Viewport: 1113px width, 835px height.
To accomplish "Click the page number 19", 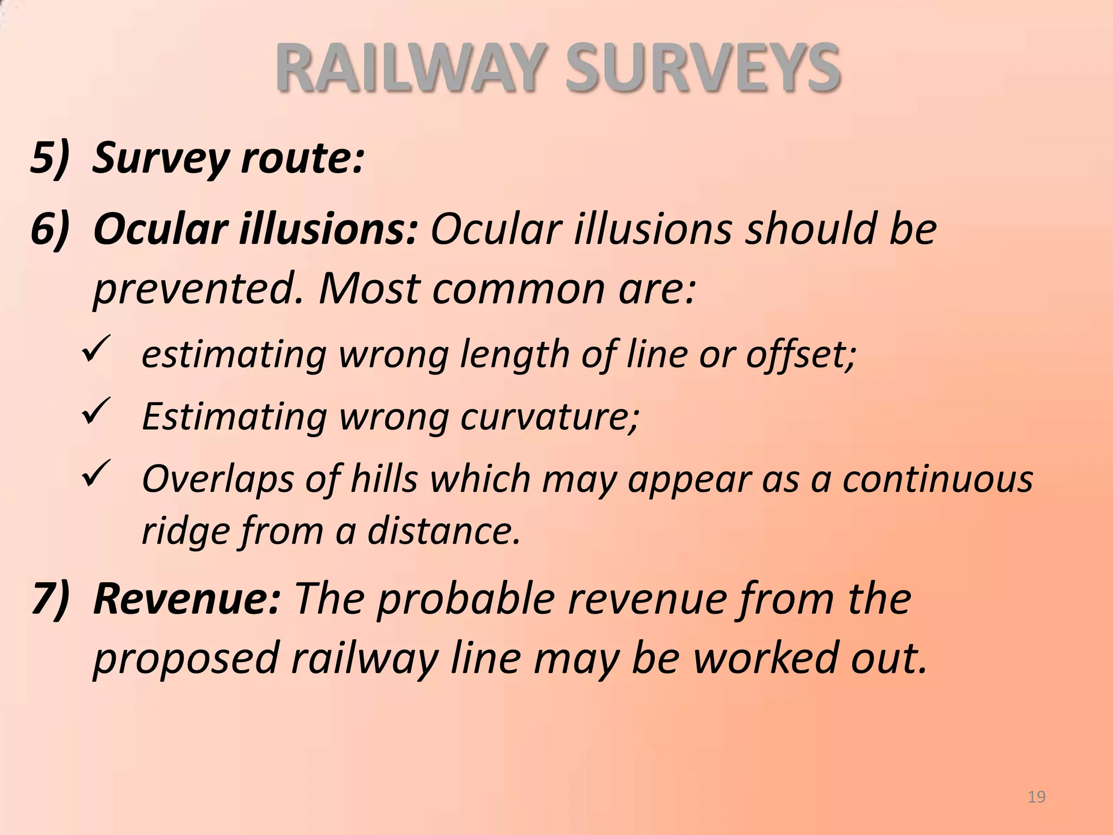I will pyautogui.click(x=1037, y=797).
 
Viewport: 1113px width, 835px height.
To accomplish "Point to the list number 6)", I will pyautogui.click(x=51, y=229).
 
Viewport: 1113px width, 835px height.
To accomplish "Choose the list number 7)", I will pyautogui.click(x=51, y=599).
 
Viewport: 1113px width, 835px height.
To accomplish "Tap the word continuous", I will pyautogui.click(x=937, y=479).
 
